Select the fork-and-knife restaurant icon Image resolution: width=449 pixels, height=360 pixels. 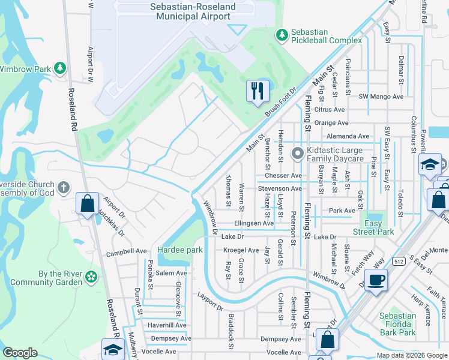coord(258,91)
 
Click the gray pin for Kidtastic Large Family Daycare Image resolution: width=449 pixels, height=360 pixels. coord(297,154)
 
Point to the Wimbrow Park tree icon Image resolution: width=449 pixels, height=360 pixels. coord(59,69)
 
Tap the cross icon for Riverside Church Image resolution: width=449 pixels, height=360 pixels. coord(64,189)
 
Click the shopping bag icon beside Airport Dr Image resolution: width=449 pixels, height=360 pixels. coord(87,203)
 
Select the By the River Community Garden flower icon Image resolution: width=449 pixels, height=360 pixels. coord(91,277)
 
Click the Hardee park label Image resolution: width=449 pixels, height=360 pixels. coord(176,250)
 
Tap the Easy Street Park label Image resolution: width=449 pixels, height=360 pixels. coord(373,227)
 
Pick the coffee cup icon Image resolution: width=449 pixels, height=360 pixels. coord(376,280)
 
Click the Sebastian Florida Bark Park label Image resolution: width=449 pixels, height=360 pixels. coord(397,324)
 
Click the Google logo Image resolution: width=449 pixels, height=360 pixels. coord(20,353)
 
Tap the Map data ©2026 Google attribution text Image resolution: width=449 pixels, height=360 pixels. coord(412,355)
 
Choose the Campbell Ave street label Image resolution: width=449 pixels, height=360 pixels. coord(127,251)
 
